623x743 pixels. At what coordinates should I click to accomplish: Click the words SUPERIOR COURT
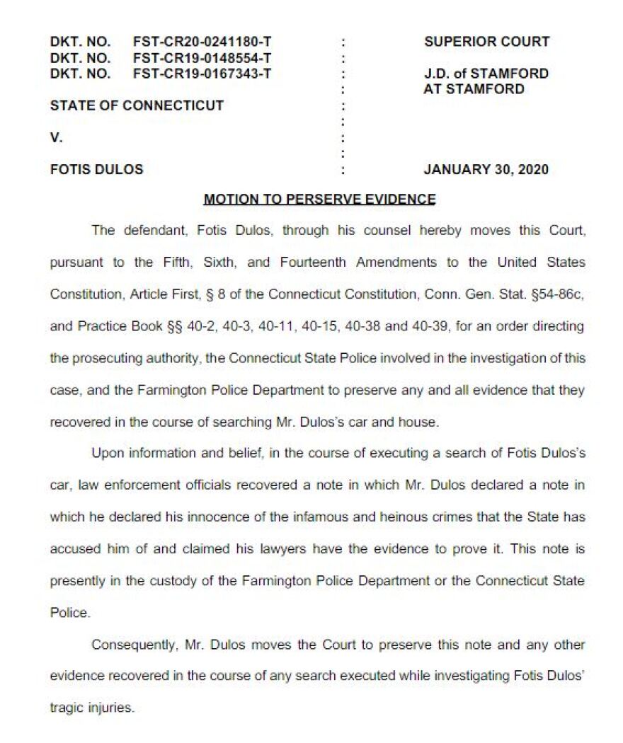[x=486, y=42]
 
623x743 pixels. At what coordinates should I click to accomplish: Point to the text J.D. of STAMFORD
[x=486, y=73]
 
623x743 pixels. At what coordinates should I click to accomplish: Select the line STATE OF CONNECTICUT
[x=137, y=105]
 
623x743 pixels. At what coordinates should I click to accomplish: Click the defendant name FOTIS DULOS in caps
[x=96, y=170]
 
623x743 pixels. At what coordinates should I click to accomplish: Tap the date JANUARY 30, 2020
[x=486, y=170]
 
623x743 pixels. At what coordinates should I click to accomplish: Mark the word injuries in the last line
[x=112, y=708]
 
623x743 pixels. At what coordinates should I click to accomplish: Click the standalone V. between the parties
[x=56, y=138]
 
